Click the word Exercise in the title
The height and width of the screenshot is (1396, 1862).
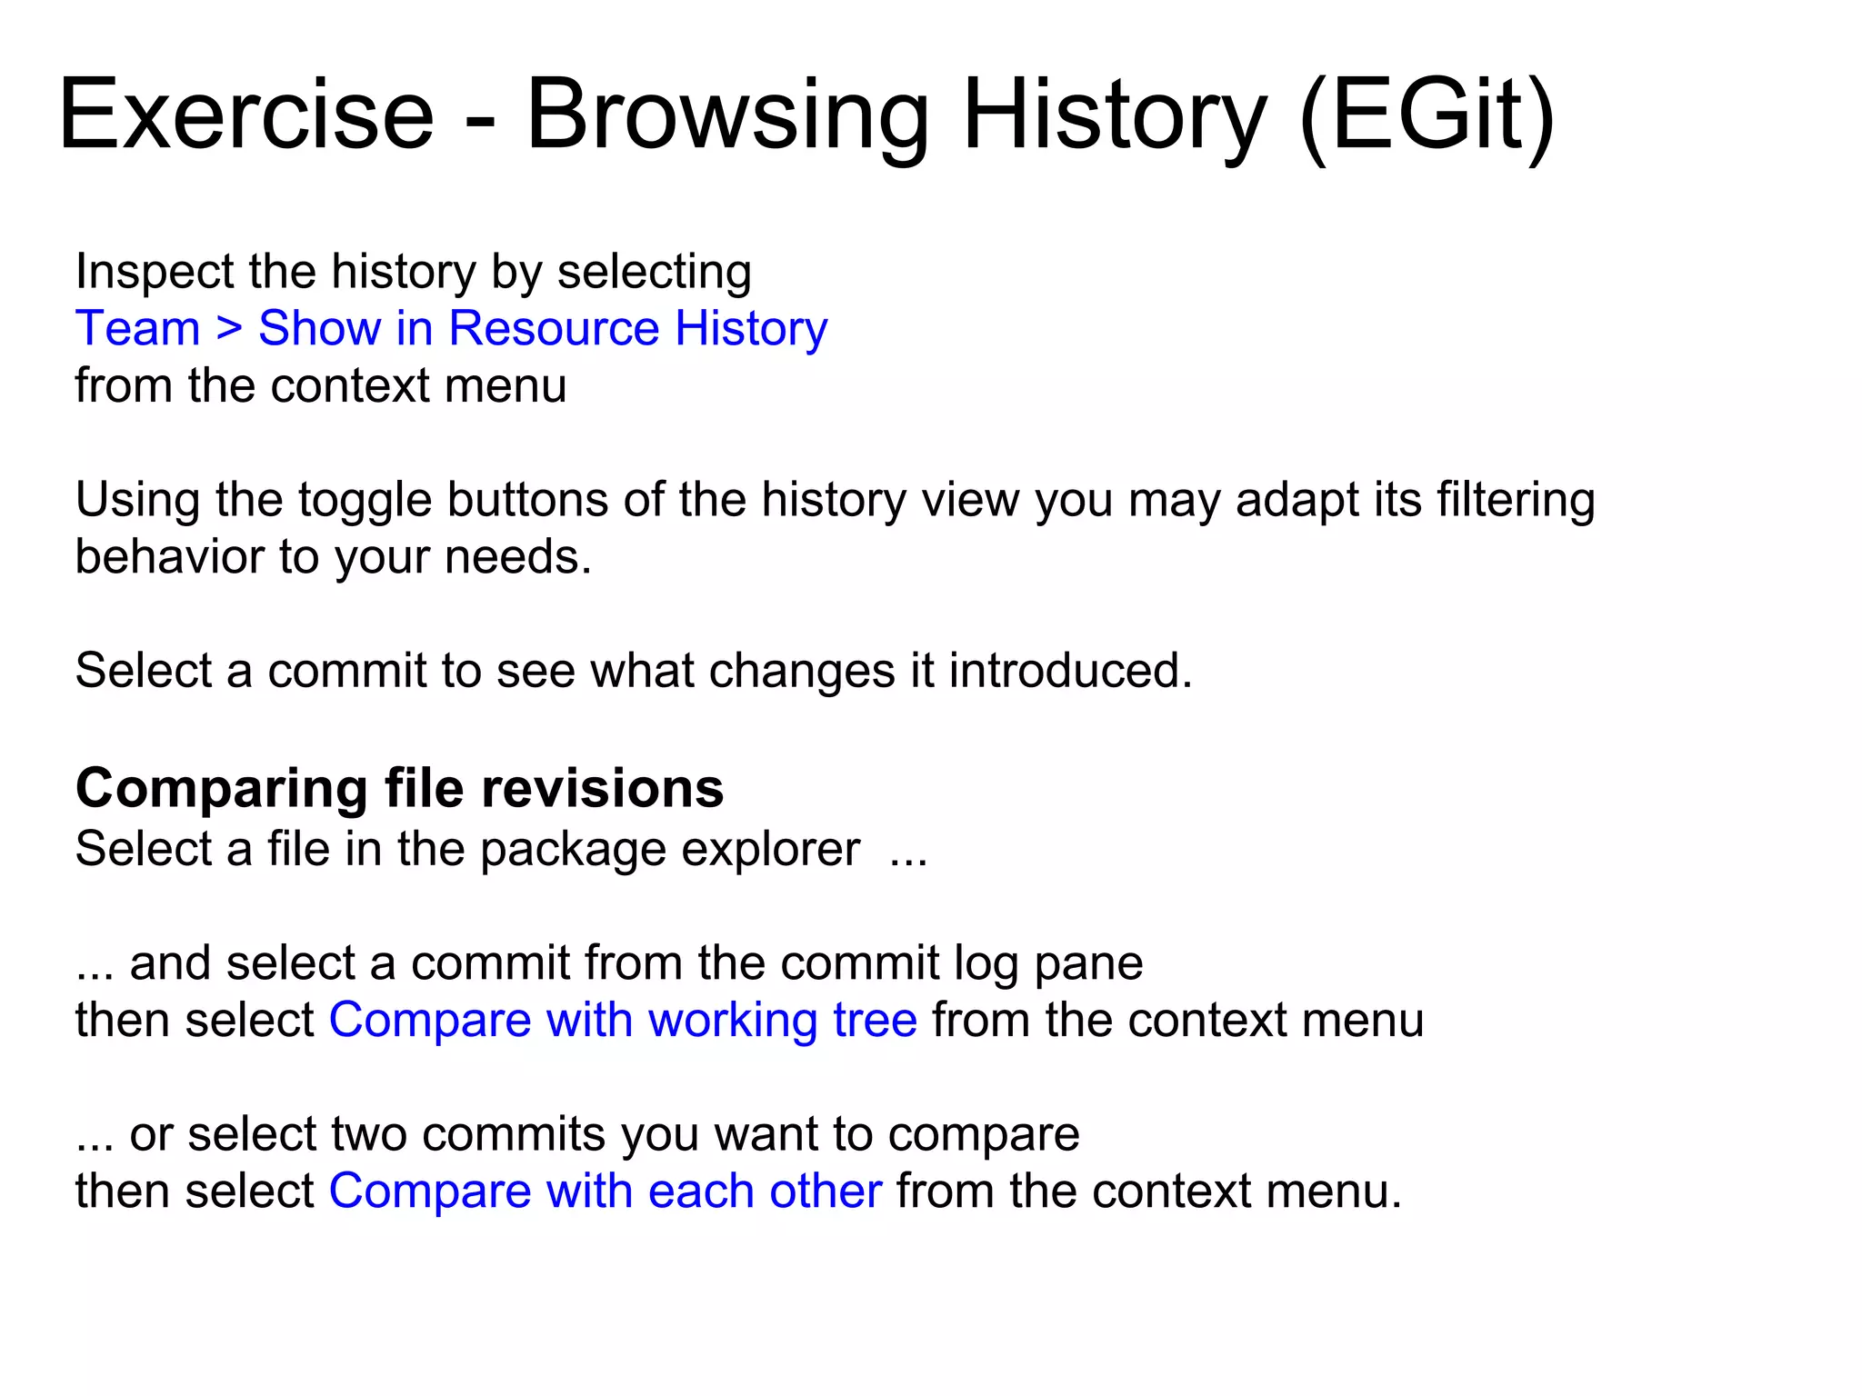click(x=246, y=115)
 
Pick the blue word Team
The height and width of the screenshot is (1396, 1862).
click(x=137, y=328)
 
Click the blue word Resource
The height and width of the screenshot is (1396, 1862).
click(x=554, y=328)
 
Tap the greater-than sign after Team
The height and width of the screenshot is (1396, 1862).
click(x=229, y=328)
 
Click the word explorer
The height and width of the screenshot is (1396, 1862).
click(x=770, y=850)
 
